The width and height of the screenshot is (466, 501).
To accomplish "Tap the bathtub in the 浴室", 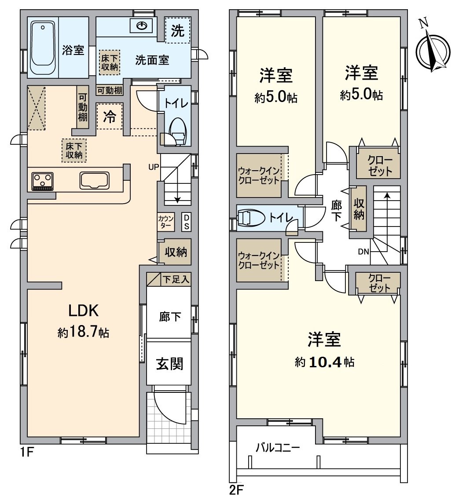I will click(43, 49).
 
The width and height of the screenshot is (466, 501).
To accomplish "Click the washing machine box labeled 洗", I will click(177, 30).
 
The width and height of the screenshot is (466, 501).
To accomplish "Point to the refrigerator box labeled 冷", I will click(110, 117).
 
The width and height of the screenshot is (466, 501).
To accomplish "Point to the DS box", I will click(186, 222).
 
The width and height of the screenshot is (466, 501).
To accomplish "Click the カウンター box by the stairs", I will click(166, 222).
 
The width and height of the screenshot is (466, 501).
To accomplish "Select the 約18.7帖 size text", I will click(83, 333).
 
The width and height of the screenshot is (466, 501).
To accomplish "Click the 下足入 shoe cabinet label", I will click(176, 279).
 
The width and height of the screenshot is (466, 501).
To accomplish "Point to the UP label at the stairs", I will click(154, 167).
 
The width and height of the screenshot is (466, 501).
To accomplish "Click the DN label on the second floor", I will click(363, 252).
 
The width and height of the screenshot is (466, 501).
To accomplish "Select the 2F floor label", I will click(237, 490).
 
